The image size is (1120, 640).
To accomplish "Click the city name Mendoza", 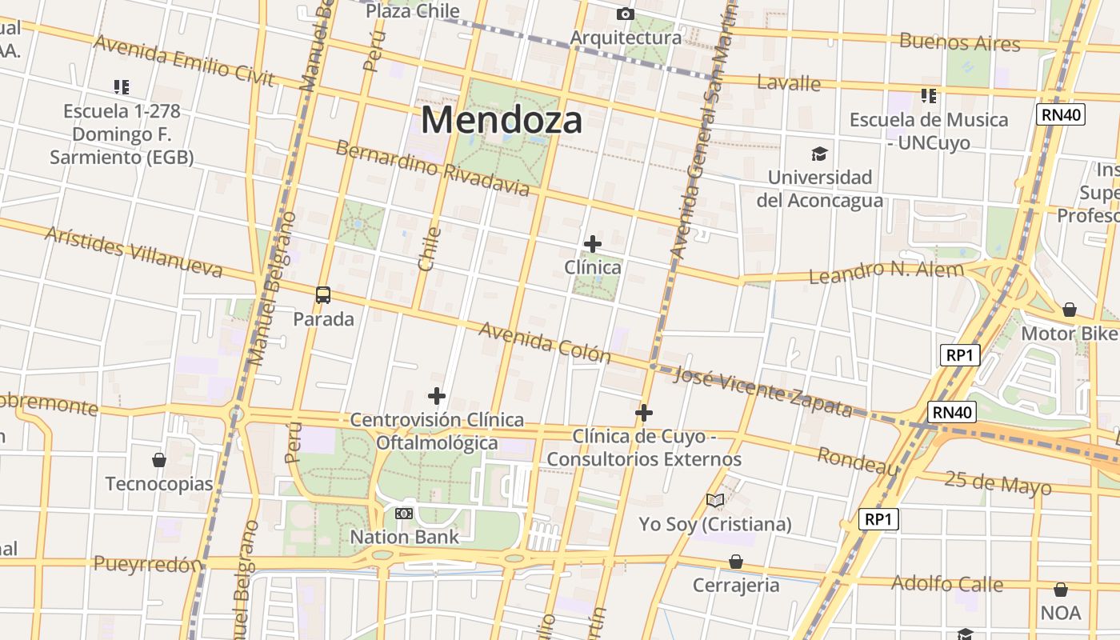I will tap(502, 120).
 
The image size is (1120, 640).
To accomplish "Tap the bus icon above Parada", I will tap(323, 295).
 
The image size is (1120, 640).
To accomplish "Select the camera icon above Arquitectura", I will tap(626, 14).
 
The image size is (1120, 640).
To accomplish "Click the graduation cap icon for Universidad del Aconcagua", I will tap(819, 154).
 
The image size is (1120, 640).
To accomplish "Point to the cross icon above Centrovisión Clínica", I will tap(437, 395).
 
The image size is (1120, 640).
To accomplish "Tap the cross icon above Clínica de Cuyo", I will tap(644, 413).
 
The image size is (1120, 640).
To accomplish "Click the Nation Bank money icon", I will tap(404, 513).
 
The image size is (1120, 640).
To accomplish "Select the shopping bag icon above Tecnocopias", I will tap(159, 460).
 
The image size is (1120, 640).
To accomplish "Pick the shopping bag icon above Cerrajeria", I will tap(735, 562).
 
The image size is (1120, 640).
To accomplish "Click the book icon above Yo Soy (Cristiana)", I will tap(715, 501).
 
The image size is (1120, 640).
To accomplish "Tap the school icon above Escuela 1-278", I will tap(122, 86).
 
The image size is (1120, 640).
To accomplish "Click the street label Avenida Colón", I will tap(545, 342).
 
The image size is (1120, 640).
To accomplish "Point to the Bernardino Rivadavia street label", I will tap(432, 168).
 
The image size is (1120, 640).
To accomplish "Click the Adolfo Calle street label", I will tap(947, 583).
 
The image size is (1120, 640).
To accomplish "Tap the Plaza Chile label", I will tap(413, 10).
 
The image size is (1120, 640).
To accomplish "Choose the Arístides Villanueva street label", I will tap(134, 251).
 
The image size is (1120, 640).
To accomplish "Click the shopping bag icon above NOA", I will tap(1061, 590).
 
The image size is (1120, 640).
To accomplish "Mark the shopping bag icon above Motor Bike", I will tap(1070, 310).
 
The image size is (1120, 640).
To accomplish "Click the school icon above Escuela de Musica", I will tap(929, 96).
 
